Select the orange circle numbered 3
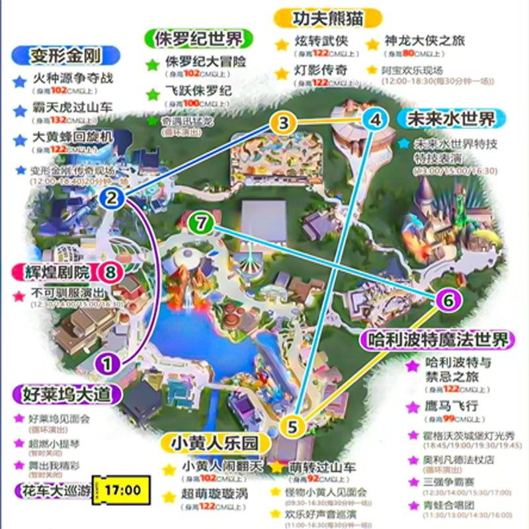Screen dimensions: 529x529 click(283, 122)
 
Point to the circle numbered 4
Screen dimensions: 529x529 click(376, 120)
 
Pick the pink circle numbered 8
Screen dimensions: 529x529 click(111, 271)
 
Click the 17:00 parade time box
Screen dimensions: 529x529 click(122, 490)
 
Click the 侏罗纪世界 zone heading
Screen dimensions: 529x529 click(192, 38)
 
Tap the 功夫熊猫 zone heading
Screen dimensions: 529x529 click(329, 17)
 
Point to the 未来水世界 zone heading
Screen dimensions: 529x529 click(451, 120)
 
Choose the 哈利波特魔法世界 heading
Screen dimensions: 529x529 click(436, 341)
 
